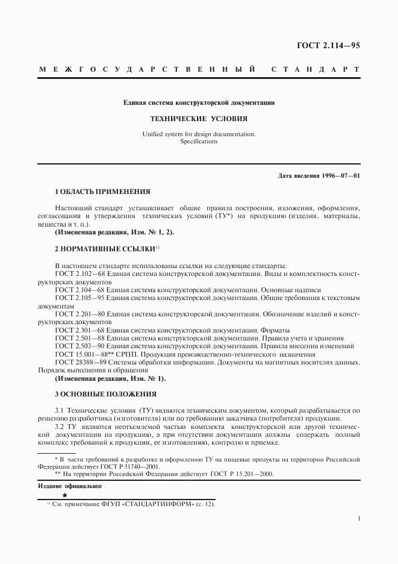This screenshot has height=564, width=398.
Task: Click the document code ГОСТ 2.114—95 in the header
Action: click(x=329, y=45)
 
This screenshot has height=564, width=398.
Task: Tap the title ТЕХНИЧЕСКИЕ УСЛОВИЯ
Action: click(x=199, y=119)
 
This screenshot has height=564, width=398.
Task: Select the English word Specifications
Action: click(x=199, y=142)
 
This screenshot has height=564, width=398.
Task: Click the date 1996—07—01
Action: click(x=340, y=175)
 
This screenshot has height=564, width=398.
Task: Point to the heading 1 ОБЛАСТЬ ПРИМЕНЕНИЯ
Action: click(x=102, y=192)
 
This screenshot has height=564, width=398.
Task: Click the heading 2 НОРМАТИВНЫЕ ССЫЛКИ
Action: click(x=105, y=248)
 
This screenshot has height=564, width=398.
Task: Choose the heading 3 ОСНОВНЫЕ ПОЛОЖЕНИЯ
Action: click(x=105, y=394)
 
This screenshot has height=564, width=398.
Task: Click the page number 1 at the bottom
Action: click(x=359, y=518)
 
